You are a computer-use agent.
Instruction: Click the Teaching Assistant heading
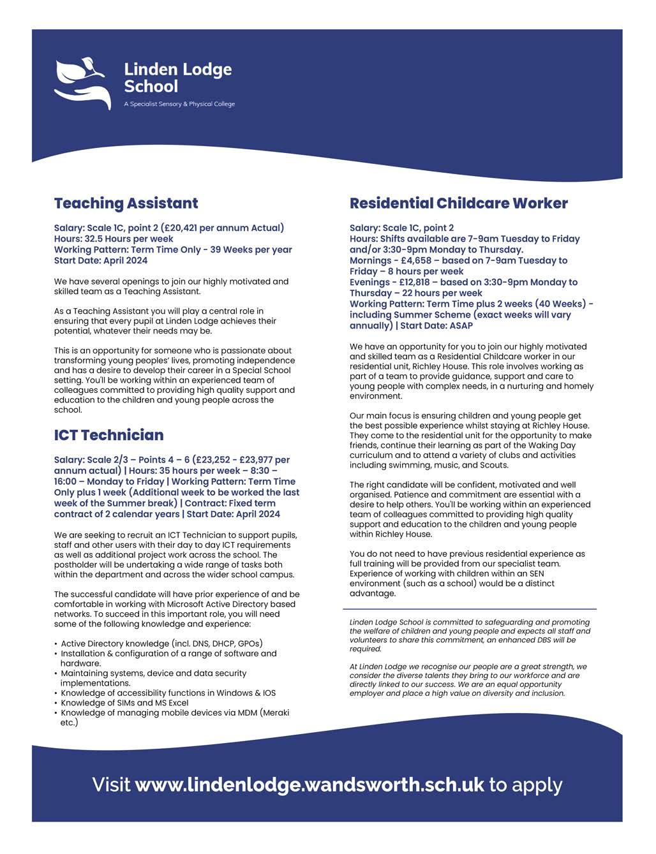point(126,203)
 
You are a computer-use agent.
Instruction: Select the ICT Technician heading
point(108,435)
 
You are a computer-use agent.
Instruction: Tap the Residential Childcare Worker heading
point(458,203)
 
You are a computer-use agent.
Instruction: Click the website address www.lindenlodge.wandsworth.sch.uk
point(309,784)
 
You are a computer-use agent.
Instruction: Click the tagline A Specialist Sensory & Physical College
point(179,104)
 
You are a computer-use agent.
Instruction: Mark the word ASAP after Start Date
point(461,325)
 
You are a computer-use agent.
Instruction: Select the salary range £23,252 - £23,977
point(230,460)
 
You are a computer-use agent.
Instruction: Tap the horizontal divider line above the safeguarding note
point(470,609)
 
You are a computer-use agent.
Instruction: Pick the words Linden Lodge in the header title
point(178,69)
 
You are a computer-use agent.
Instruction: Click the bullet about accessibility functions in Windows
point(168,693)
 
